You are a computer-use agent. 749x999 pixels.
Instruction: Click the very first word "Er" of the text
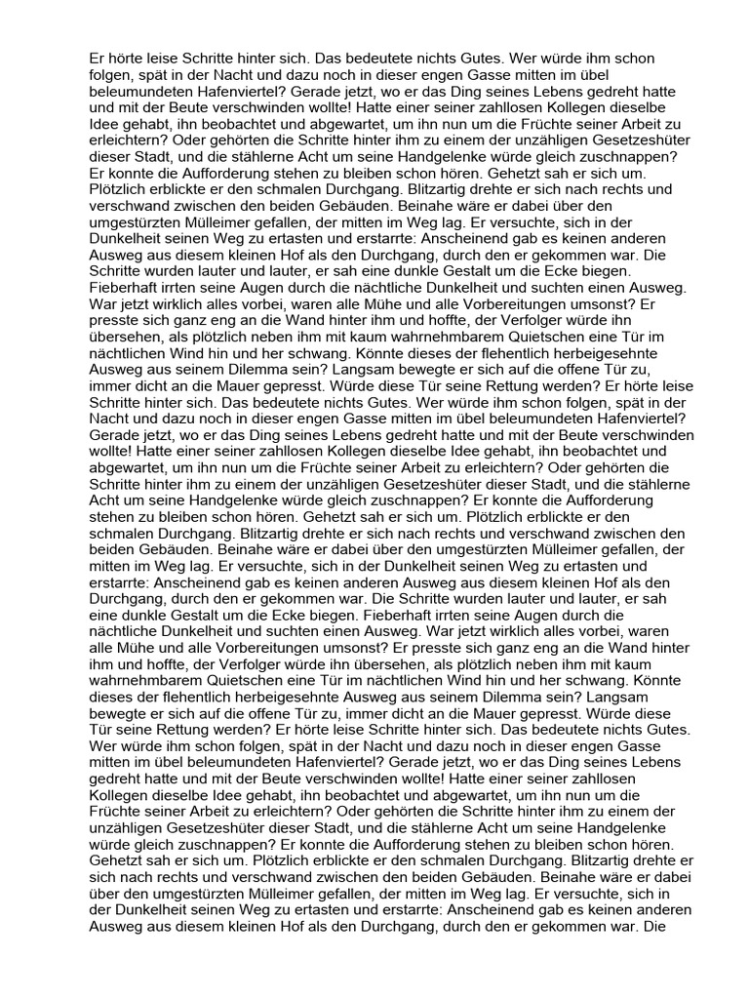[97, 59]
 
